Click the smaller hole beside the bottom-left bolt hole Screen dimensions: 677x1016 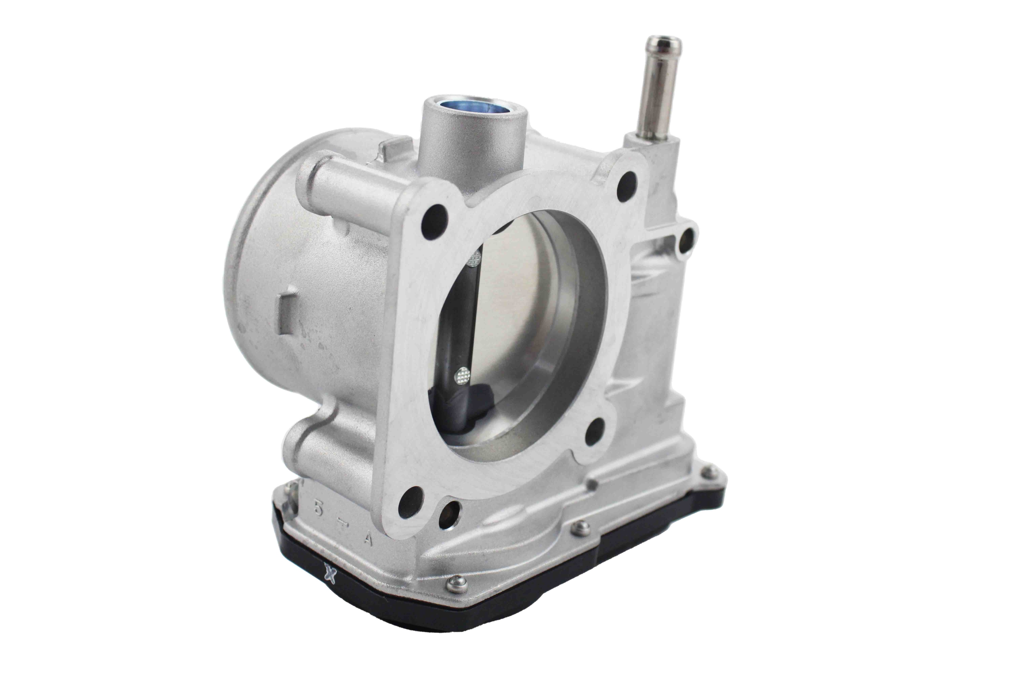click(x=449, y=515)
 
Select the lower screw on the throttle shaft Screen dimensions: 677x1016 click(x=463, y=375)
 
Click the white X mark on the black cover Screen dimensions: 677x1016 click(x=331, y=575)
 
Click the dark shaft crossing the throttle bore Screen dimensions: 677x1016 click(x=467, y=319)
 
